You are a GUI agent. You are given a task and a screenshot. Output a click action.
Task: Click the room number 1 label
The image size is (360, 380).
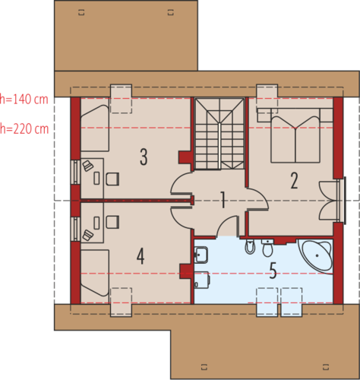(x=223, y=200)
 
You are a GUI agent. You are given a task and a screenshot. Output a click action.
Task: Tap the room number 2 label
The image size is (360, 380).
(x=294, y=181)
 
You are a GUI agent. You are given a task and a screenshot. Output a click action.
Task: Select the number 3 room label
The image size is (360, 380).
(x=144, y=157)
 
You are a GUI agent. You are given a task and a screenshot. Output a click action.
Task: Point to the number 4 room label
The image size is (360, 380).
(x=141, y=256)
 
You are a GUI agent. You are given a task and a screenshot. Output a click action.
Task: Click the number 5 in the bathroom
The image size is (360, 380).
(x=273, y=271)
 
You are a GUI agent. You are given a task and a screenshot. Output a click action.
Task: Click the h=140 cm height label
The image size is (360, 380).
(x=24, y=99)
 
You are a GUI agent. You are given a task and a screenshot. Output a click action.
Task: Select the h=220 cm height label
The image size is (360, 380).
(x=24, y=128)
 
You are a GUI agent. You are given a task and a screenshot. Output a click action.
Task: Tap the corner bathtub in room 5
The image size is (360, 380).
(x=316, y=255)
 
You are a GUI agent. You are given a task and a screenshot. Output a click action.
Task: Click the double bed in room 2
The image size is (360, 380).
(x=295, y=135)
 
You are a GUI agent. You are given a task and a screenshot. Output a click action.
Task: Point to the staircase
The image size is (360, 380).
(x=219, y=134)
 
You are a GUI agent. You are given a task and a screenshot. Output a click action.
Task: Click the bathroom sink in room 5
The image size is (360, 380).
(x=201, y=255)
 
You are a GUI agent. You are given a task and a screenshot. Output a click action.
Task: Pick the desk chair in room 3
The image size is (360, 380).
(x=112, y=179)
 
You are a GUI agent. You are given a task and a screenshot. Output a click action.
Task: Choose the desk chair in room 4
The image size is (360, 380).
(x=112, y=222)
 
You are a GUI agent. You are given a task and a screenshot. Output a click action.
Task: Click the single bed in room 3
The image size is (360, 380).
(x=95, y=128)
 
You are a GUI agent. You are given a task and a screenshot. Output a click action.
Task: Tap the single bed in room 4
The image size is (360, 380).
(x=95, y=273)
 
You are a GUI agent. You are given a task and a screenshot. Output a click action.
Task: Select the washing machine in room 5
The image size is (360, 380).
(x=202, y=280)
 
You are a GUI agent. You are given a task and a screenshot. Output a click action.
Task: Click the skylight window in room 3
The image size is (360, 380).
(x=121, y=99)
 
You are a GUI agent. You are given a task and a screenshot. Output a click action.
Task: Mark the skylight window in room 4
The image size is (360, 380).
(x=121, y=302)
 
